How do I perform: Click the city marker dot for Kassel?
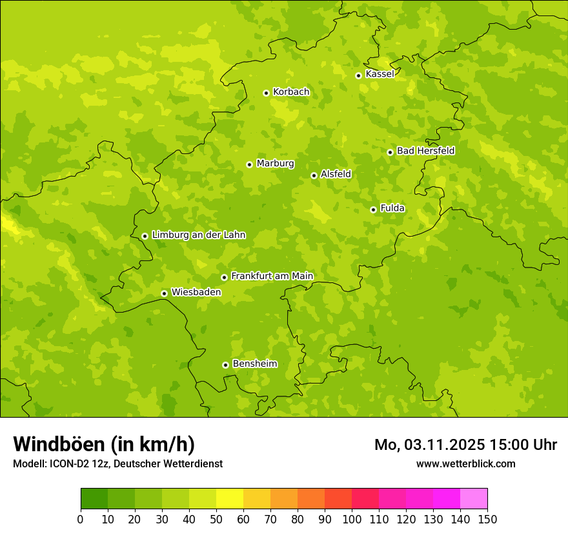coord(358,75)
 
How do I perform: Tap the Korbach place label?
coord(291,92)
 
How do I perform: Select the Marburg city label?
coord(275,164)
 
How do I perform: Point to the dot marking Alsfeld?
coord(314,175)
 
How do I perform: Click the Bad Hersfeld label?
coord(425,151)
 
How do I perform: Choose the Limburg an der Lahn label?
coord(198,235)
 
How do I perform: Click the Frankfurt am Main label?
coord(272,277)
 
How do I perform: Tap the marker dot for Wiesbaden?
coord(164,293)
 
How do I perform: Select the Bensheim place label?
coord(254,364)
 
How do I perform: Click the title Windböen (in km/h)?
coord(104,444)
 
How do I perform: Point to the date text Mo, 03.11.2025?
coord(429,445)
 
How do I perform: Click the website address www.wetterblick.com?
coord(466,463)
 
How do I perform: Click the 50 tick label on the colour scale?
coord(216,519)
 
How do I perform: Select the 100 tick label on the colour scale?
coord(351,519)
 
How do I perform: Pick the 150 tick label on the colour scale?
coord(487,519)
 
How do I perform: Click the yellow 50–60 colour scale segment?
coord(229,499)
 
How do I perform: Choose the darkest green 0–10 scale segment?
coord(94,499)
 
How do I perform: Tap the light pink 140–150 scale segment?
coord(473,499)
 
